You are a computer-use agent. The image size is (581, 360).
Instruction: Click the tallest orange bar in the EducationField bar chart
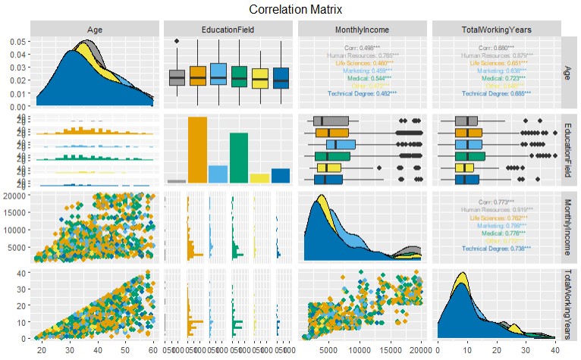pos(197,150)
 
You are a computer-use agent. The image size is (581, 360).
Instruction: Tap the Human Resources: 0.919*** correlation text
pos(495,208)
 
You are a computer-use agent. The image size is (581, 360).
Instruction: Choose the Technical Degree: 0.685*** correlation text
pos(495,93)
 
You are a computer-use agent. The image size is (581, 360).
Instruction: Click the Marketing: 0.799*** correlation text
pos(495,224)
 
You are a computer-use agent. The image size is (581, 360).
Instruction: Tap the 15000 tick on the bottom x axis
pos(391,351)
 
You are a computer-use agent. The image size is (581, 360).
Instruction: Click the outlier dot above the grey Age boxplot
pos(177,41)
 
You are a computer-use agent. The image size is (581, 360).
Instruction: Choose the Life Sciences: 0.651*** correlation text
pos(495,62)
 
